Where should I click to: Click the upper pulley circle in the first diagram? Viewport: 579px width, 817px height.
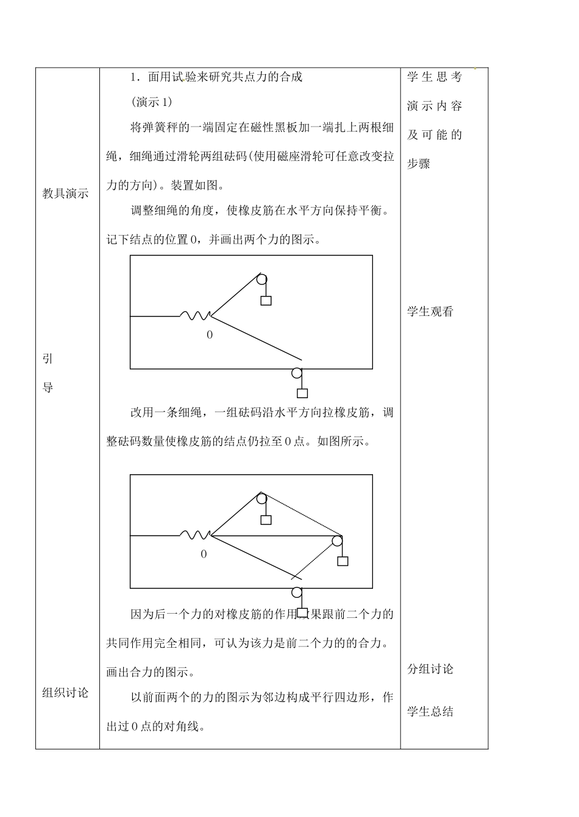pyautogui.click(x=261, y=280)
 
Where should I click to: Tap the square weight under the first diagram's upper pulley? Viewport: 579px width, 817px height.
pyautogui.click(x=266, y=301)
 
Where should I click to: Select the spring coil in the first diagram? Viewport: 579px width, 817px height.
pyautogui.click(x=195, y=315)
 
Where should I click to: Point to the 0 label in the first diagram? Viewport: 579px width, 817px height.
pyautogui.click(x=210, y=335)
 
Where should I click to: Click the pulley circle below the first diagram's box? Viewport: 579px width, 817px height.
pyautogui.click(x=297, y=373)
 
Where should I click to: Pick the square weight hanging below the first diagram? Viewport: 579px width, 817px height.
pyautogui.click(x=302, y=393)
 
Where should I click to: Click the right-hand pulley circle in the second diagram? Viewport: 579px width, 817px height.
pyautogui.click(x=337, y=541)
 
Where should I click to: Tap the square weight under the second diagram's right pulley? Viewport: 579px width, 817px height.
pyautogui.click(x=343, y=561)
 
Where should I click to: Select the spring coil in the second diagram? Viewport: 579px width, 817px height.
pyautogui.click(x=195, y=535)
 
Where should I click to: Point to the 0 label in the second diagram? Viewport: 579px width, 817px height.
pyautogui.click(x=204, y=554)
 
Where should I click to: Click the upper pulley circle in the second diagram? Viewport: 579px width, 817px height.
pyautogui.click(x=261, y=499)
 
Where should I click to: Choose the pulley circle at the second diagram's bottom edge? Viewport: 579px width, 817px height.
pyautogui.click(x=297, y=592)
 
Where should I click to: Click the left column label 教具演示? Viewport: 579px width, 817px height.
pyautogui.click(x=66, y=194)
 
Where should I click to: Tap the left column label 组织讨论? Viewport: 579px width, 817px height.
pyautogui.click(x=66, y=693)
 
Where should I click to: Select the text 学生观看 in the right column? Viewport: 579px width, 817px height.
pyautogui.click(x=430, y=312)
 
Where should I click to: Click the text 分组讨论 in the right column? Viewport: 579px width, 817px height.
pyautogui.click(x=430, y=669)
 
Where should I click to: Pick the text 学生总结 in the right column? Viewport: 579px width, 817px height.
pyautogui.click(x=430, y=712)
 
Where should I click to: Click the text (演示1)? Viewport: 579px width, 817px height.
pyautogui.click(x=152, y=102)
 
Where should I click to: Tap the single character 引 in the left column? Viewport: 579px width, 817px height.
pyautogui.click(x=48, y=359)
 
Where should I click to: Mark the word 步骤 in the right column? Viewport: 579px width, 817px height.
pyautogui.click(x=419, y=164)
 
